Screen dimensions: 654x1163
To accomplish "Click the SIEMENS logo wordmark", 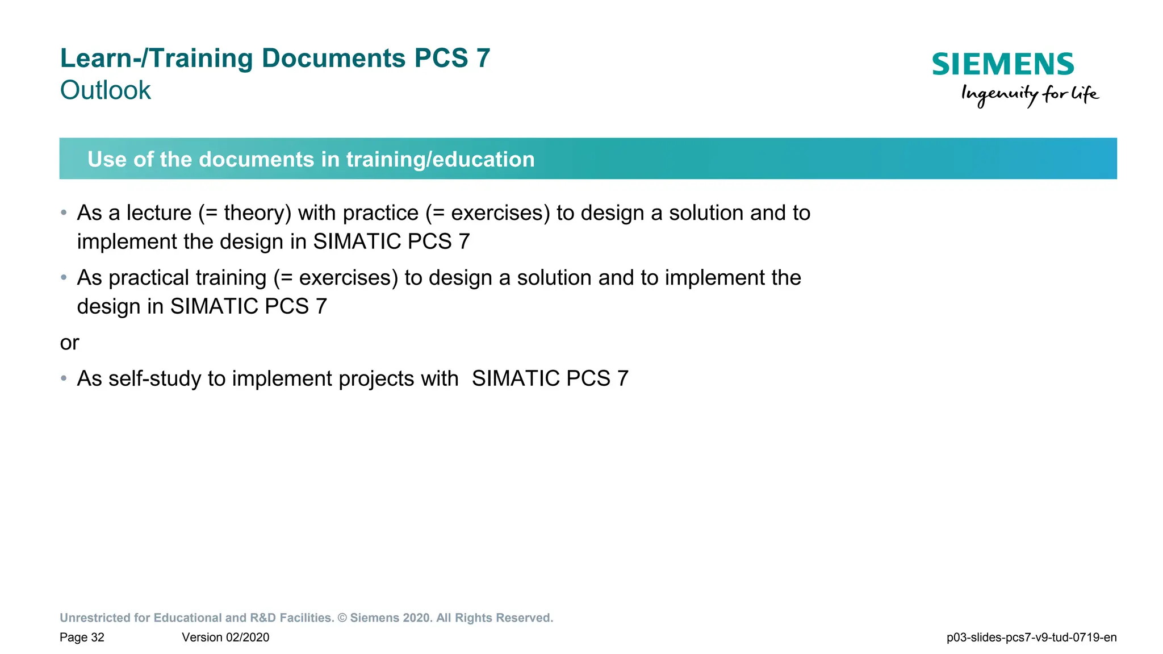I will pos(1003,64).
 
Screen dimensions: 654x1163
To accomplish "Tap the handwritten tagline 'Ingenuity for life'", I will pos(1030,94).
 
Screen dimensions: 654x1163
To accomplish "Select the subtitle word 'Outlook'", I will pos(106,90).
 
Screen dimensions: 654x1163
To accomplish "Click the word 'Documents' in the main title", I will pos(333,58).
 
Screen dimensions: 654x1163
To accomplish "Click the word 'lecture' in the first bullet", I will pos(159,213).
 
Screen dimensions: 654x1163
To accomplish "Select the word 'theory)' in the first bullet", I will pos(257,213).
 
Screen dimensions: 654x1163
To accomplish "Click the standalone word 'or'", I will pos(69,343).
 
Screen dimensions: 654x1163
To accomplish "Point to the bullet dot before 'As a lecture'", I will pos(64,213).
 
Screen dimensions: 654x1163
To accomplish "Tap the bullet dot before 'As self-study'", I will pos(64,378).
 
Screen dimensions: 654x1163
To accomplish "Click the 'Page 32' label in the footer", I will pos(82,638).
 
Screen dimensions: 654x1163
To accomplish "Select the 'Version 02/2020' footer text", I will pos(225,638).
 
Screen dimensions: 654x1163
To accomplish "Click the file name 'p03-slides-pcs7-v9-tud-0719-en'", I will pos(1031,638).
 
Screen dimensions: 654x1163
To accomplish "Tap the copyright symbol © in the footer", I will pos(342,618).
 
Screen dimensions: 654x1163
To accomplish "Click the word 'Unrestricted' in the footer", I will pos(95,618).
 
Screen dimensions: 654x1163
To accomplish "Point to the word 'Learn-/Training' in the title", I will pos(156,58).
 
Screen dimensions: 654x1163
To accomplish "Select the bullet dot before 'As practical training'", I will pos(64,278).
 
